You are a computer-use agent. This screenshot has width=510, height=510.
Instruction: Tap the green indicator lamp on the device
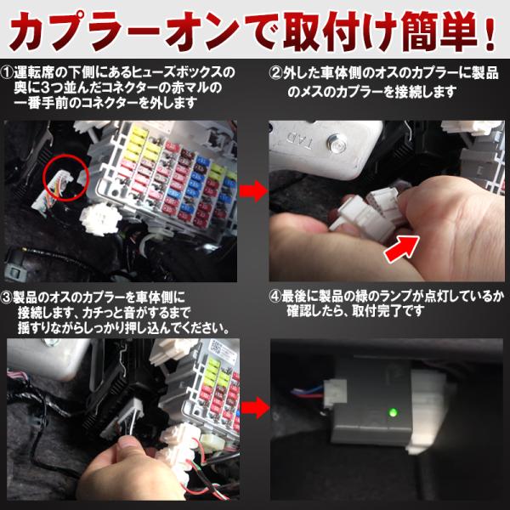click(394, 412)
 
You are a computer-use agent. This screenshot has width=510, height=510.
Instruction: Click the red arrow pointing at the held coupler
click(402, 249)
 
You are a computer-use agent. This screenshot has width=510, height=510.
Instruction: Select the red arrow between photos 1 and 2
click(253, 191)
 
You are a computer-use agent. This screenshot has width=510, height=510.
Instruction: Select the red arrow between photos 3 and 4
click(256, 407)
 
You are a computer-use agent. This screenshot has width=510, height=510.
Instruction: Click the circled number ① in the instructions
click(7, 72)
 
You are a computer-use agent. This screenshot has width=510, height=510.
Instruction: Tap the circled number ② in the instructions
click(276, 73)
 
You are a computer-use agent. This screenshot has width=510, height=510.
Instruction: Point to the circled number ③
click(7, 297)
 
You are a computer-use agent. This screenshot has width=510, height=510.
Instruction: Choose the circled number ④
click(275, 297)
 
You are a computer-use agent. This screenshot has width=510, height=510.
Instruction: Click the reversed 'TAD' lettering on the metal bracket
click(301, 140)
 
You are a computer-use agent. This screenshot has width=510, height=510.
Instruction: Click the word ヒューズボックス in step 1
click(180, 72)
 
